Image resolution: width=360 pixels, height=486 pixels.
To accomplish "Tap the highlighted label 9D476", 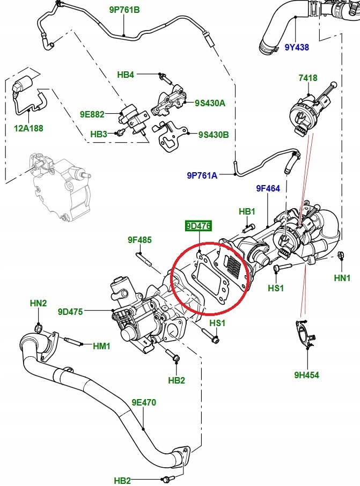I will pos(198,226).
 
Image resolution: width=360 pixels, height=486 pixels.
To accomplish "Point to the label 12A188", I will pos(28,128).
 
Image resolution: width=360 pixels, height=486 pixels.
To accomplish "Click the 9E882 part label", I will pos(92,114).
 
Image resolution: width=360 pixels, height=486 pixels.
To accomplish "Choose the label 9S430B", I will pos(214,135).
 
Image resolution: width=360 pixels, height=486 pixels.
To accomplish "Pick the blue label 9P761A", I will pos(202,175).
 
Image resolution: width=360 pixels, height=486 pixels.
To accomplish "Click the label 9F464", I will pos(268,188).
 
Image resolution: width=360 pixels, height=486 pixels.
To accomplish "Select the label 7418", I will pos(308,79).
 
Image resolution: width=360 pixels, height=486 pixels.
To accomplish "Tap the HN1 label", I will pos(342,278).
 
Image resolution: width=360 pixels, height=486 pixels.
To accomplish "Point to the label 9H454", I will pos(306,375).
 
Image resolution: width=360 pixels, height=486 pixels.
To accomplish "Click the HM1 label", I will pos(101,346).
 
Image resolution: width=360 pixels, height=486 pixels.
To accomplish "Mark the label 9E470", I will pos(144,402).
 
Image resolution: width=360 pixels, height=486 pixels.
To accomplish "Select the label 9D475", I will pos(70,312).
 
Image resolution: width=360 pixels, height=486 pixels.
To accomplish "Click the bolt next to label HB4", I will pos(163,79).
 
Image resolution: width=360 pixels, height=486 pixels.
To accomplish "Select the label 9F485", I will pos(139,240).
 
